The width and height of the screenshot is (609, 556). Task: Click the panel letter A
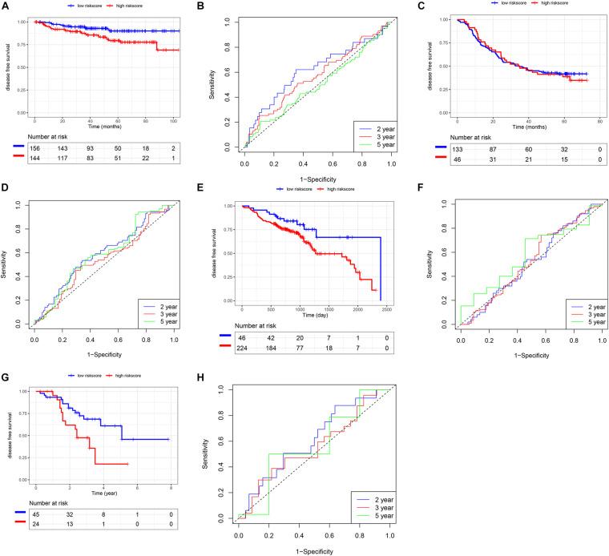6,6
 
